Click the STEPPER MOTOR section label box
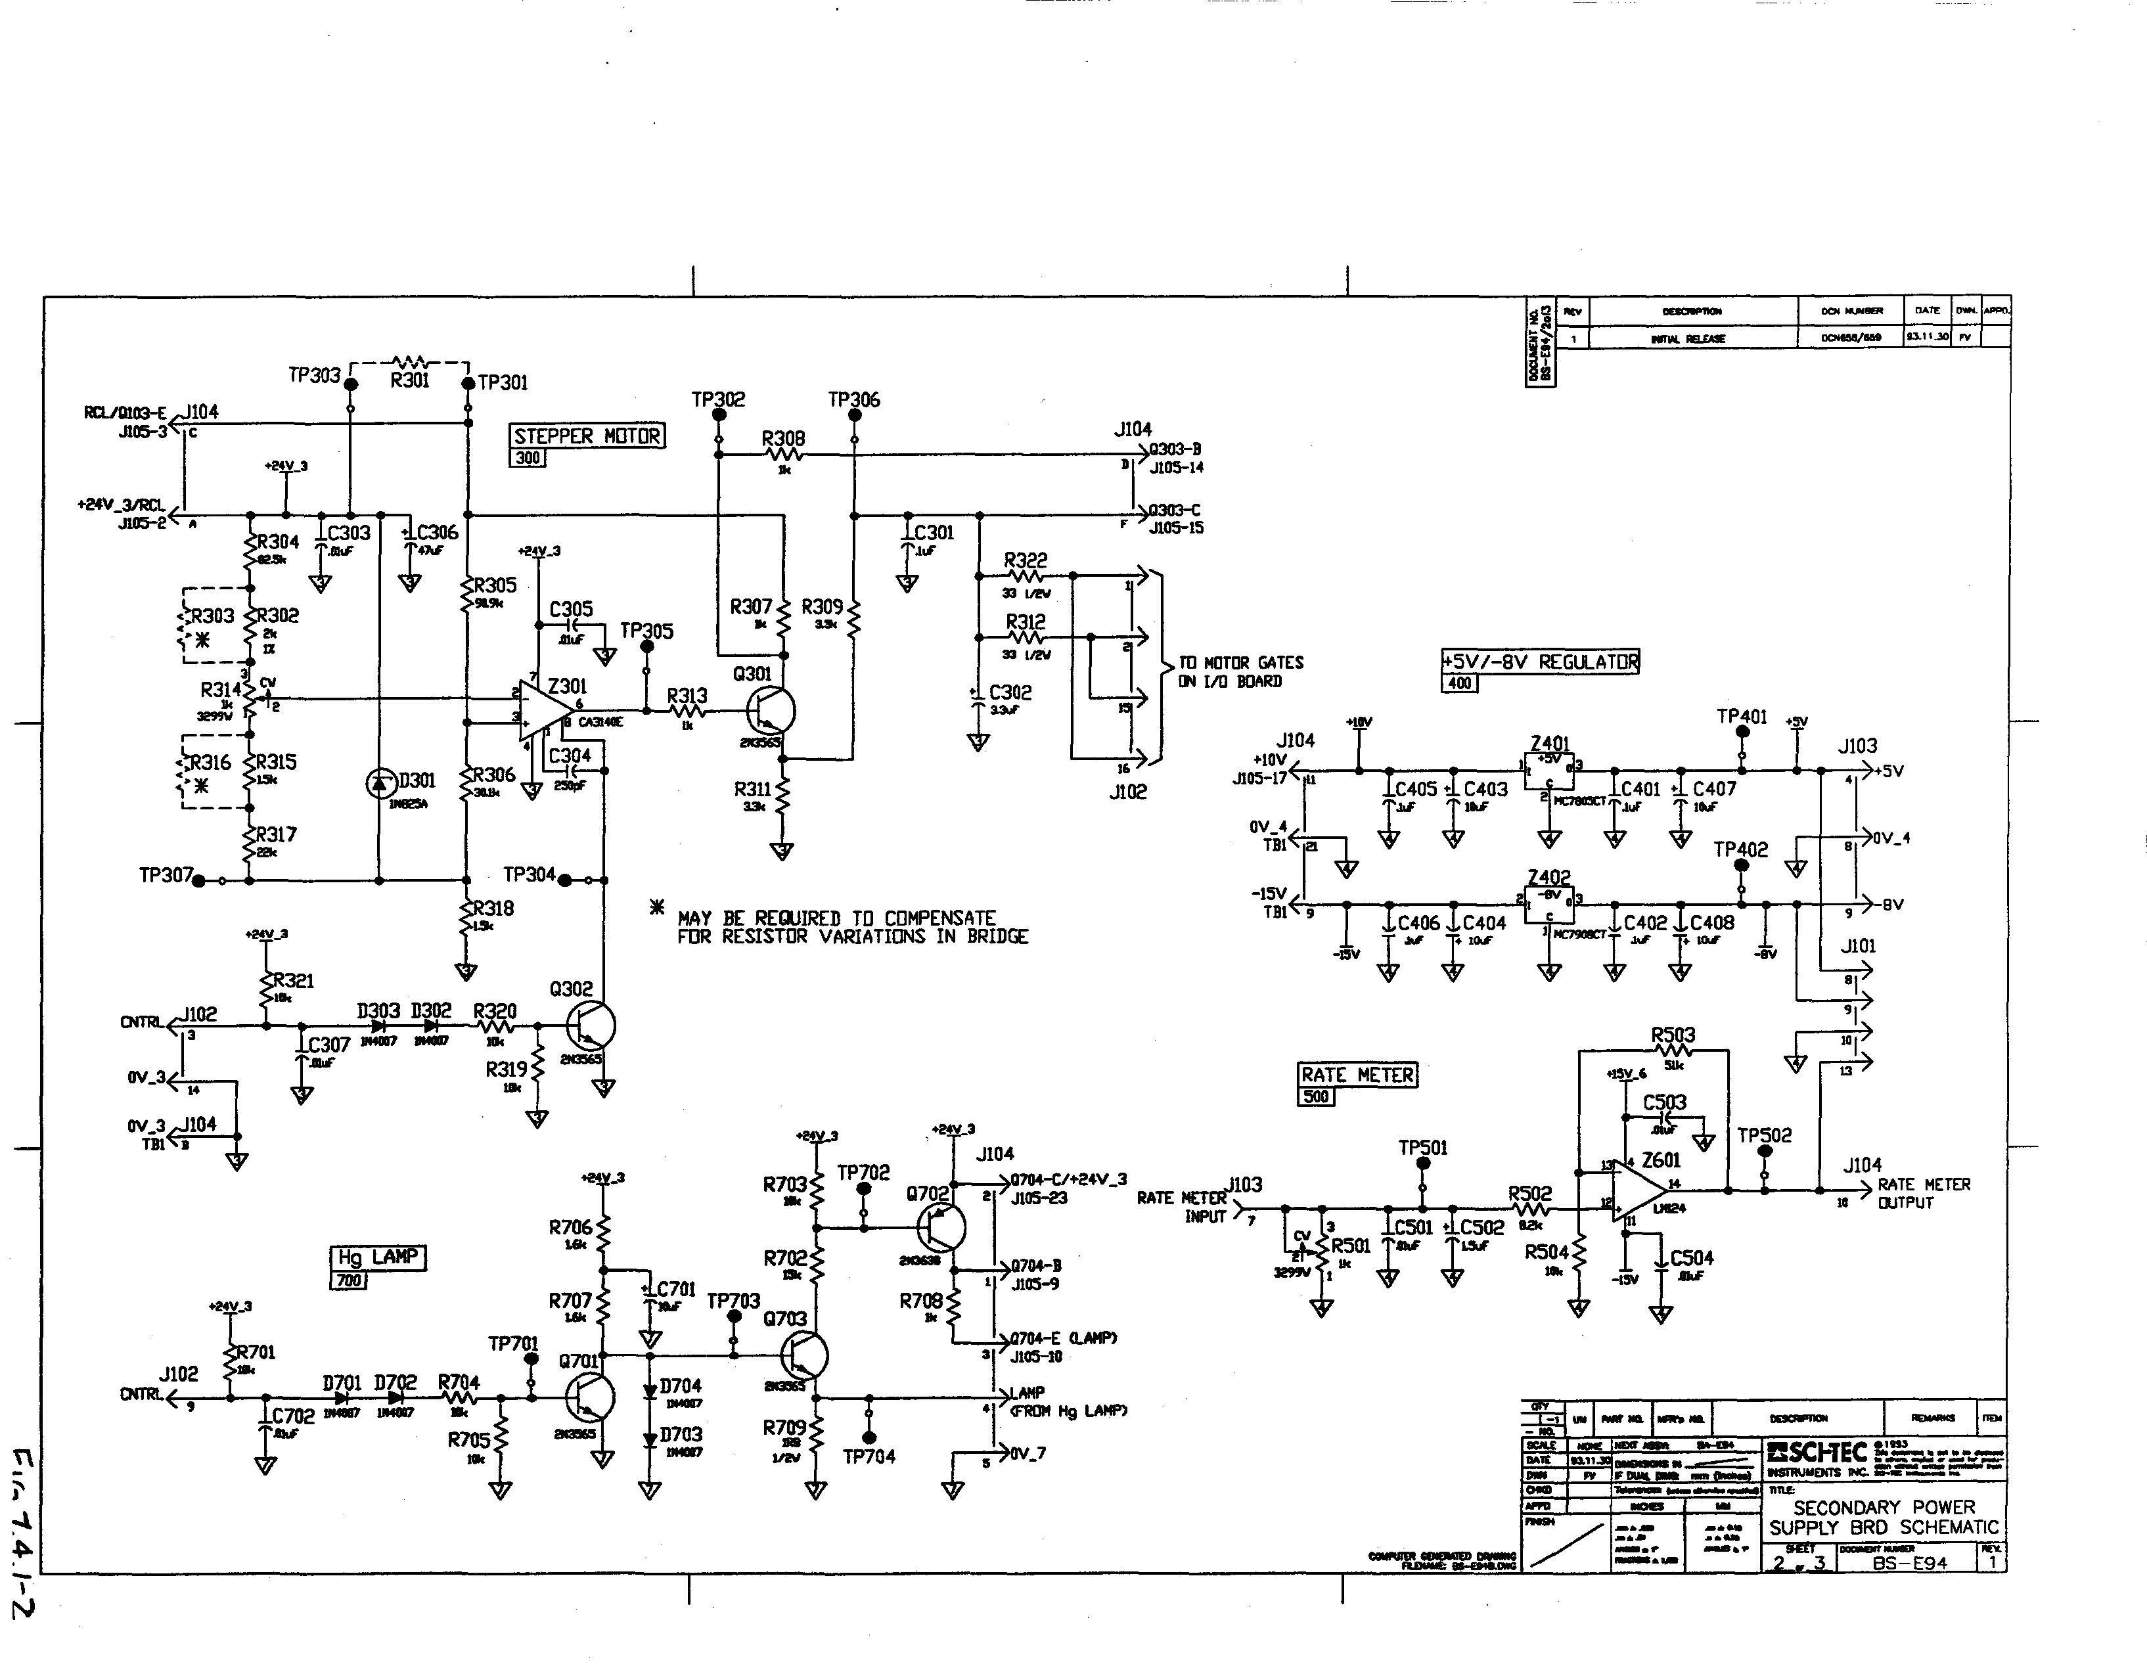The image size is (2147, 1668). pos(587,436)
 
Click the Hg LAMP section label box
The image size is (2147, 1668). pos(378,1257)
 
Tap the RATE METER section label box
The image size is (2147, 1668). pos(1357,1075)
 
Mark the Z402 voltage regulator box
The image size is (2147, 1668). pos(1548,906)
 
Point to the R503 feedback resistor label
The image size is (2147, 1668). pos(1672,1035)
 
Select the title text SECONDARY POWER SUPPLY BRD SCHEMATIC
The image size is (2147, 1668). pos(1882,1517)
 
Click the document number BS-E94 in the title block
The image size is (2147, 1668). pos(1909,1563)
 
